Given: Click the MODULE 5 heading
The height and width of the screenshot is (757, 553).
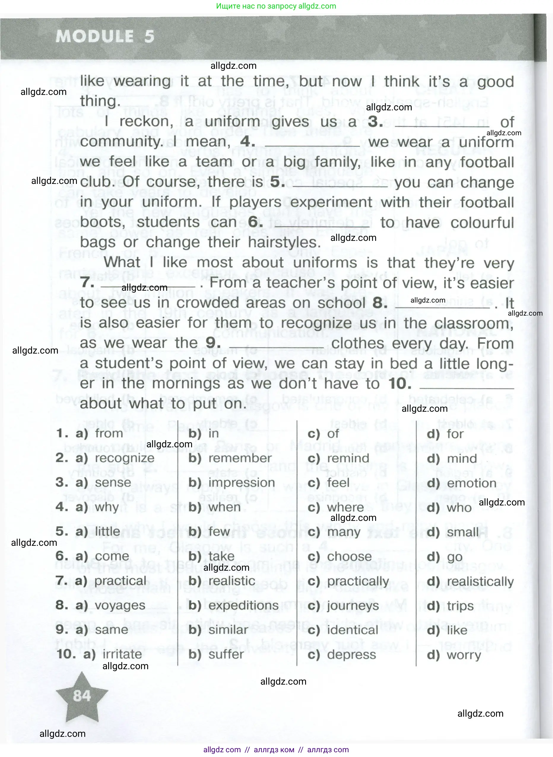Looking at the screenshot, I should (x=105, y=36).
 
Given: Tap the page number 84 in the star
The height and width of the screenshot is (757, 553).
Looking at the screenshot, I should (x=82, y=696).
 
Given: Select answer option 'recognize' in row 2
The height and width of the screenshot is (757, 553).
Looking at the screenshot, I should (x=125, y=458).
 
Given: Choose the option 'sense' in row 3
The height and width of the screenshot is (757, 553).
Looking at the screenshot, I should (x=113, y=483).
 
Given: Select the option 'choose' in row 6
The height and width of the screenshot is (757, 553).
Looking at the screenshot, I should (x=349, y=556).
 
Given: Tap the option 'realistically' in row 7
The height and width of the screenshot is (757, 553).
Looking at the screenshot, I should (x=480, y=581).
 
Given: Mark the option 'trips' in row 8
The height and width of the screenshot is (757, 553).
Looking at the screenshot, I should (x=460, y=606).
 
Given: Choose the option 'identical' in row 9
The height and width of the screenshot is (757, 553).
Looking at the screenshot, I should (x=352, y=630).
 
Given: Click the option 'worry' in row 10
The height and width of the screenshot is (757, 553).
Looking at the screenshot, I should (x=464, y=655).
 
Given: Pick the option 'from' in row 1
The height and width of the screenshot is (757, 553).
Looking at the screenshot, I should (x=109, y=434).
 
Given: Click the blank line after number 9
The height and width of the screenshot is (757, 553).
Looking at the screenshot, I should (x=277, y=348).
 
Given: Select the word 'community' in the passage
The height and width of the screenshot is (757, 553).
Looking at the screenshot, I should (x=121, y=142).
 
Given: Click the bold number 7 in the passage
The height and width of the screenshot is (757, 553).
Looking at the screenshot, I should (x=87, y=283).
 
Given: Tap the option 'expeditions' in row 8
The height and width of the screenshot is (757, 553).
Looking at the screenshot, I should (x=243, y=605).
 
